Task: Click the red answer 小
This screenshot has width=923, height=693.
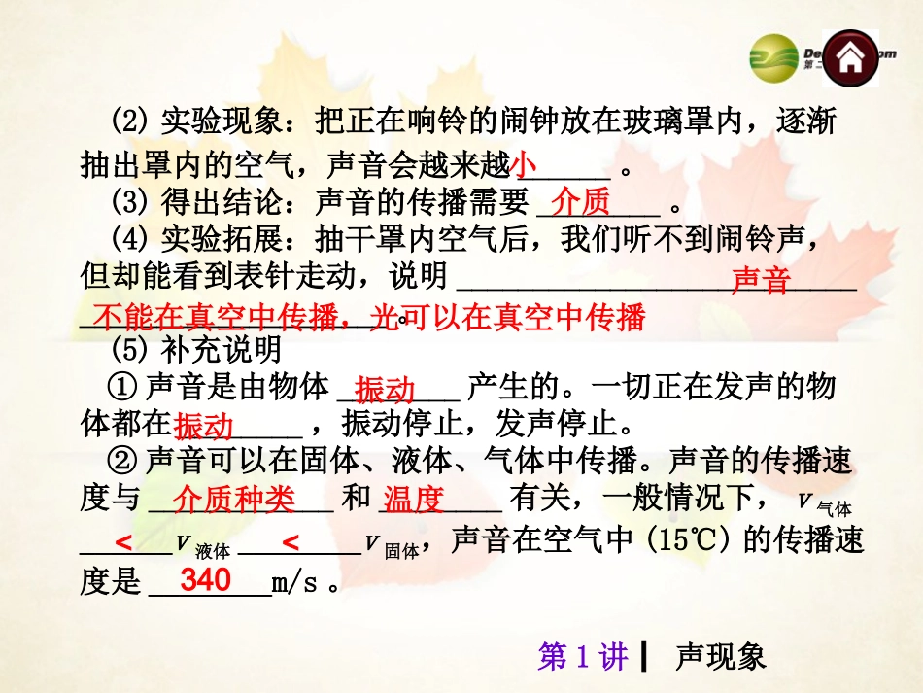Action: pos(524,164)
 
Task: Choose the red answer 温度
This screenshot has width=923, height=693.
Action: pos(413,500)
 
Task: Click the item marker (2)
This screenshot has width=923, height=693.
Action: pos(129,123)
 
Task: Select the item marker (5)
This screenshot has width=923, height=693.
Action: pos(129,347)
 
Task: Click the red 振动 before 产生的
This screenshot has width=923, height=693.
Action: pos(385,390)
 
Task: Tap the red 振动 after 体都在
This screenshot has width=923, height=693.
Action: pos(204,427)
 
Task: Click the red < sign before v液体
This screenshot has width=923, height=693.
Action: pos(123,542)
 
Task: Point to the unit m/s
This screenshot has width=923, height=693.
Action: pos(295,583)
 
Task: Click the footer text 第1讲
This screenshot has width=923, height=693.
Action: pos(584,657)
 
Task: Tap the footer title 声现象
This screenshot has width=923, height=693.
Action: pos(721,657)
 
